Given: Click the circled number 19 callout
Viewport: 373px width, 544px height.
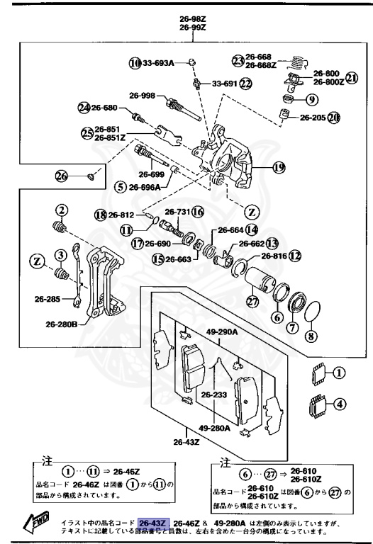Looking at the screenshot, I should [278, 167].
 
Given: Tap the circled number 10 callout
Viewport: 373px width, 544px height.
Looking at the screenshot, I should [135, 63].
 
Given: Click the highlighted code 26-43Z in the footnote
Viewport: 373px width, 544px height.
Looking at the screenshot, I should [153, 523].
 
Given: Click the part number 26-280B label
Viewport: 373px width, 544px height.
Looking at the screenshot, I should [62, 324].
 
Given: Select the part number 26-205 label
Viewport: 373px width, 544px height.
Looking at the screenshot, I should [312, 118].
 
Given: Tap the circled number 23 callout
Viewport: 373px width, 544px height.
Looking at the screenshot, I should [237, 60].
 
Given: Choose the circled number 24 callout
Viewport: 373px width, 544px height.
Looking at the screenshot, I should [84, 108].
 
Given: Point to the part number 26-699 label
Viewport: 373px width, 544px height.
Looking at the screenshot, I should [152, 174].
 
